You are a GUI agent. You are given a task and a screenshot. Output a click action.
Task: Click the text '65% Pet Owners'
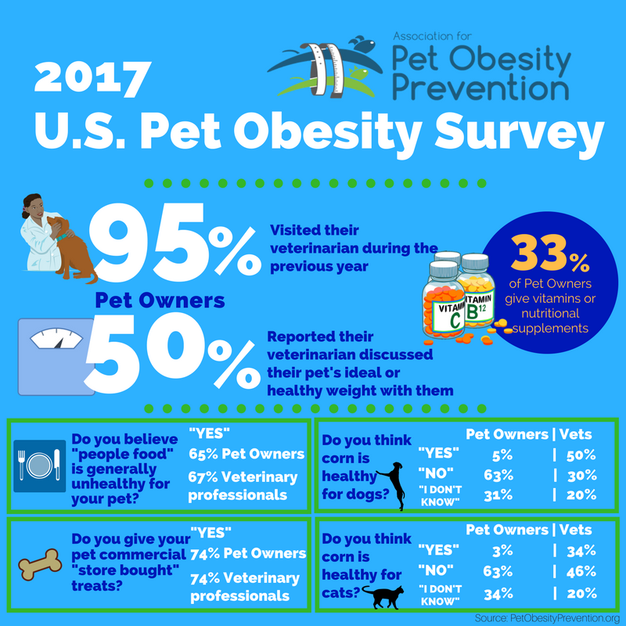(246, 454)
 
